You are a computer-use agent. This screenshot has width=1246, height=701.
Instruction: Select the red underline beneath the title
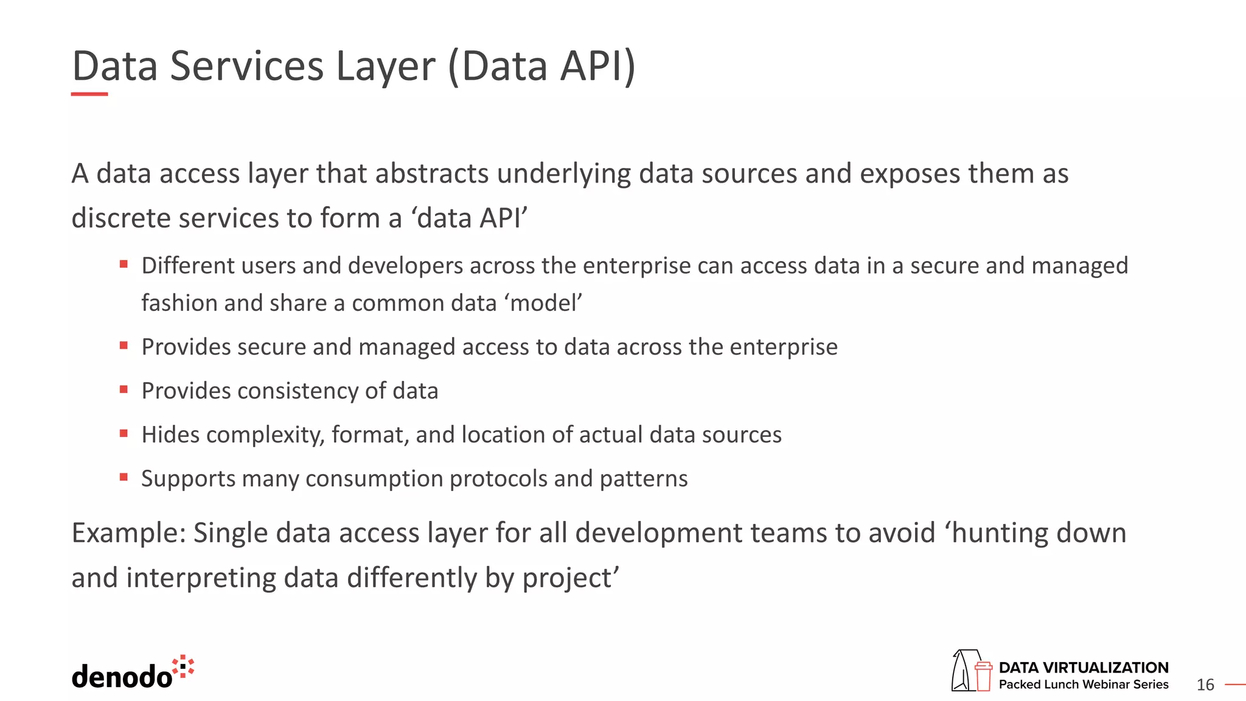[89, 94]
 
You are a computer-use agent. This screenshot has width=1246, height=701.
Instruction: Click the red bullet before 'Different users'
[124, 264]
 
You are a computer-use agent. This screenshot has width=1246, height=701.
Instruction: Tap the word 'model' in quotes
[543, 303]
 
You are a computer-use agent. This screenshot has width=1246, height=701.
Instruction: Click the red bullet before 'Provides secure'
[124, 346]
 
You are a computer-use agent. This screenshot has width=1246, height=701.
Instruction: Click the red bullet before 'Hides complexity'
[124, 433]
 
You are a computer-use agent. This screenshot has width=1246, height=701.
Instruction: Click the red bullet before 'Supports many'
[124, 477]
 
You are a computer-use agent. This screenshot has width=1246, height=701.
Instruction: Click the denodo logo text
[122, 677]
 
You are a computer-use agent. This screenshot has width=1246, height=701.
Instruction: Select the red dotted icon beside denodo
[183, 667]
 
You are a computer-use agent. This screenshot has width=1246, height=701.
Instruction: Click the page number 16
[1205, 685]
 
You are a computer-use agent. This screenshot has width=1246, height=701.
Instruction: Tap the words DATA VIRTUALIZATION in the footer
[1083, 668]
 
